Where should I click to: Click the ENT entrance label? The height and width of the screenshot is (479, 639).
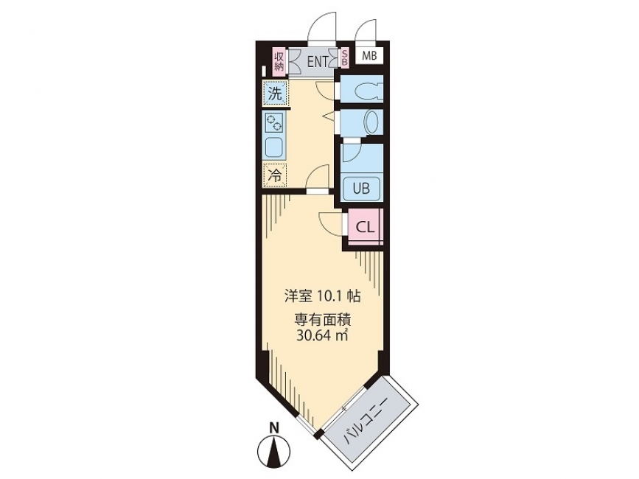pyautogui.click(x=318, y=62)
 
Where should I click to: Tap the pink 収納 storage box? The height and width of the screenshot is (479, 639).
pyautogui.click(x=279, y=61)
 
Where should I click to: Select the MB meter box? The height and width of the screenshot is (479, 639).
pyautogui.click(x=370, y=56)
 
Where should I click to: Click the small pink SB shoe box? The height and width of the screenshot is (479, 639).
pyautogui.click(x=345, y=57)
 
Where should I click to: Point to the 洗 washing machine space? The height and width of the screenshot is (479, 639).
pyautogui.click(x=275, y=94)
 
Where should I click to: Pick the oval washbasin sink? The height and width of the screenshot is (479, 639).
pyautogui.click(x=371, y=122)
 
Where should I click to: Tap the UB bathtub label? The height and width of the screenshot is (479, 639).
pyautogui.click(x=361, y=189)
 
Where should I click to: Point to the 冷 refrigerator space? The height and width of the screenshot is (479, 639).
pyautogui.click(x=275, y=175)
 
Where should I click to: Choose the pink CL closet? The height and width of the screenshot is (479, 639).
pyautogui.click(x=365, y=226)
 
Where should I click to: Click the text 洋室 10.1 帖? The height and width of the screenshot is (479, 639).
pyautogui.click(x=322, y=296)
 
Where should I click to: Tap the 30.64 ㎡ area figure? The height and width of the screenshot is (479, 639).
pyautogui.click(x=322, y=335)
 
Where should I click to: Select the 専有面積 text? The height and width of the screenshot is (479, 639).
pyautogui.click(x=323, y=321)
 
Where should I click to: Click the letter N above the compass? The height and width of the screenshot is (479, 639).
pyautogui.click(x=275, y=427)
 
